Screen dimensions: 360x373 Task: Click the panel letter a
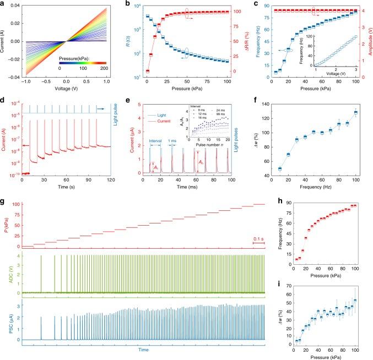3,4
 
